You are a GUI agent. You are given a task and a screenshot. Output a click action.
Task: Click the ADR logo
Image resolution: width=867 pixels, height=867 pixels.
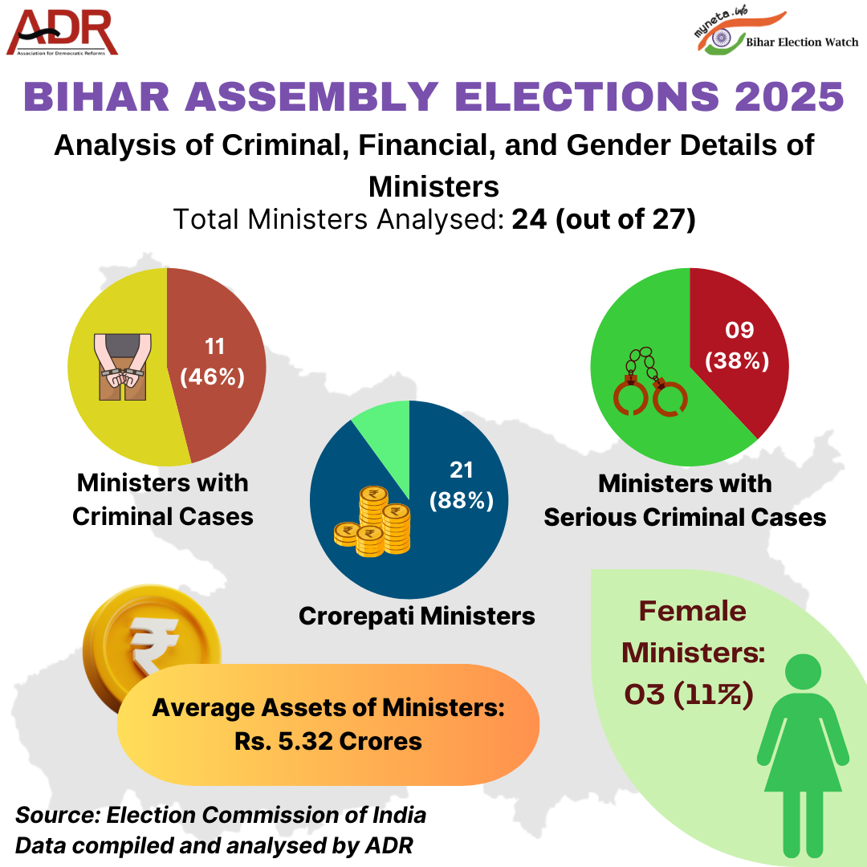[63, 33]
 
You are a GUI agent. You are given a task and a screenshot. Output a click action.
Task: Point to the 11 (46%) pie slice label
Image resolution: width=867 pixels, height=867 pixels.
[214, 362]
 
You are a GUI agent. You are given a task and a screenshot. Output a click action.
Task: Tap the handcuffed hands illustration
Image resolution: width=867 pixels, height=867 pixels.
[120, 365]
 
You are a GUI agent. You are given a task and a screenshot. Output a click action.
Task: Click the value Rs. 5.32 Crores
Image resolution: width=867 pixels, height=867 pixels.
[328, 740]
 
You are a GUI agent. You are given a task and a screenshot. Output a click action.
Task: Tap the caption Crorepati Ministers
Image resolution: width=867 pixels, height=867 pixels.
[417, 616]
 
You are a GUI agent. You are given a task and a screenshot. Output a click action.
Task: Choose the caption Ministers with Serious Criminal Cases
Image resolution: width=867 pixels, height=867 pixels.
[685, 500]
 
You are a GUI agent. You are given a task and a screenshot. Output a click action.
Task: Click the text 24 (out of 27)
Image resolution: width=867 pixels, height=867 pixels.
[603, 219]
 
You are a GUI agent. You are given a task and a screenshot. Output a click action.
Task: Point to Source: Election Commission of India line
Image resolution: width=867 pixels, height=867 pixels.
[221, 815]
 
